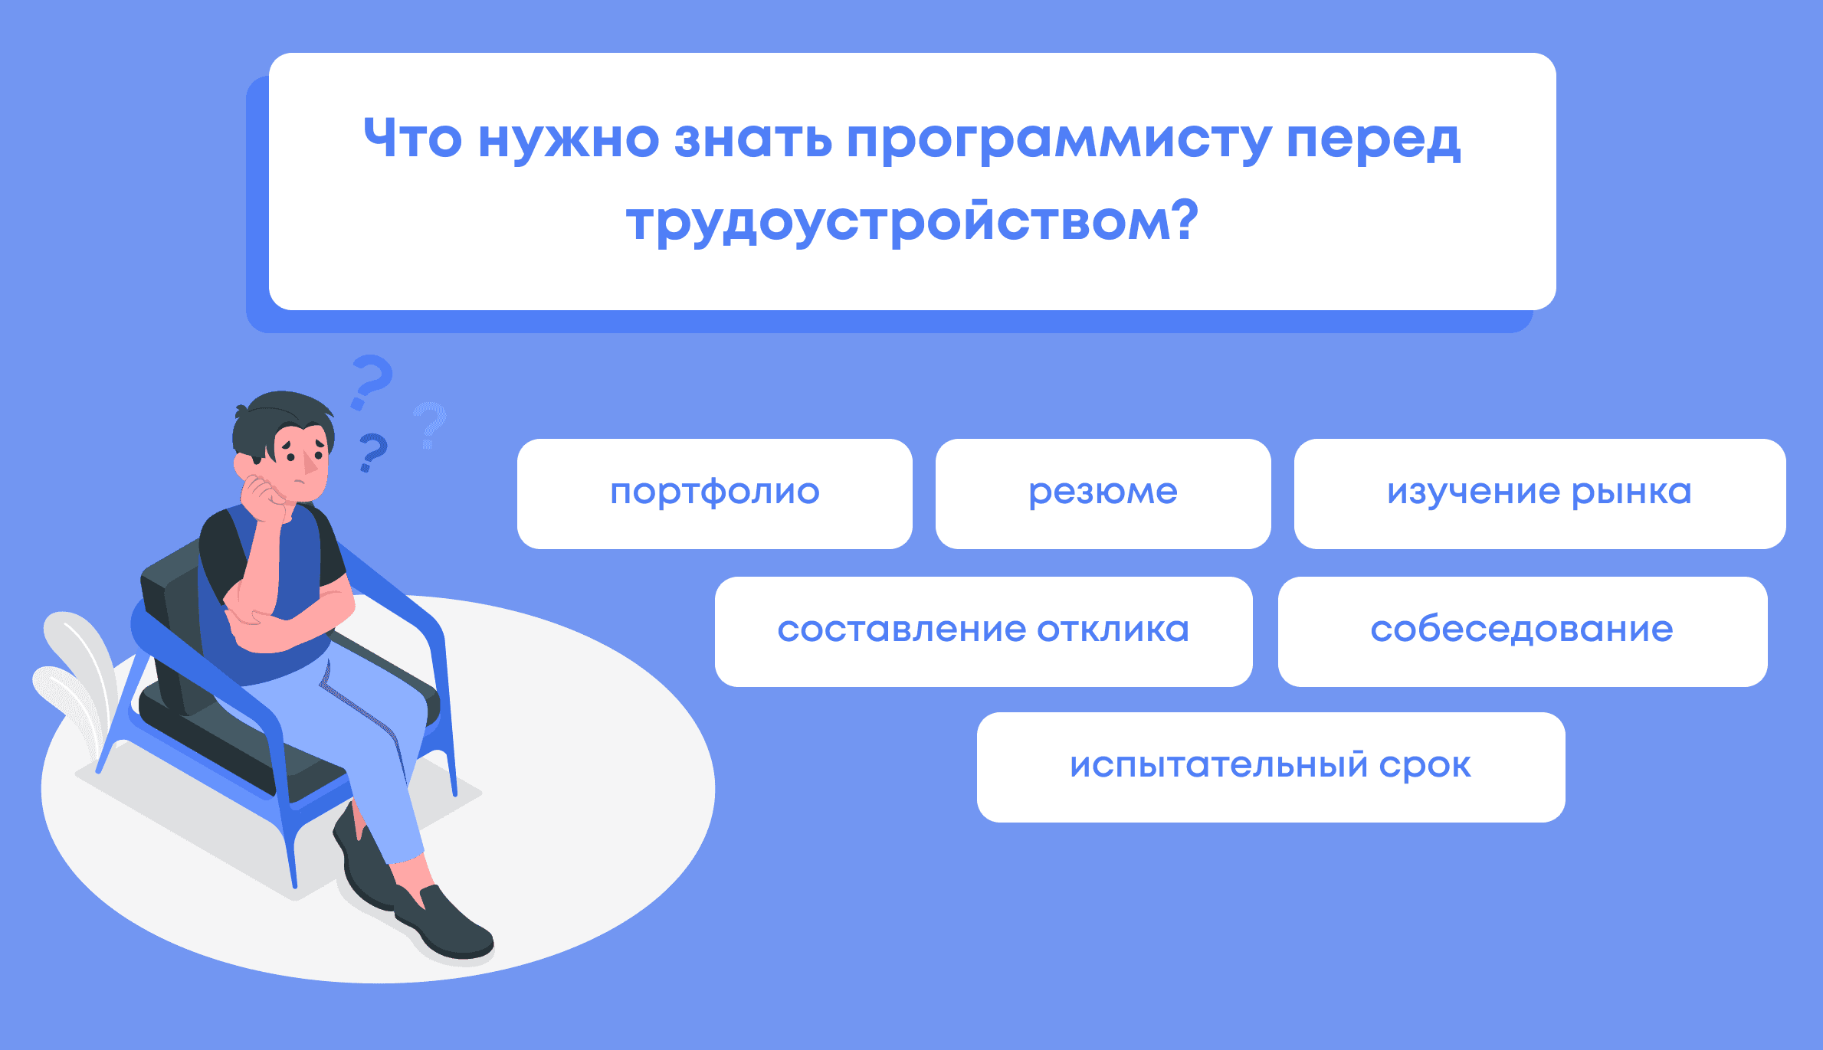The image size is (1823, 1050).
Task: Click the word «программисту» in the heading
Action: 1058,141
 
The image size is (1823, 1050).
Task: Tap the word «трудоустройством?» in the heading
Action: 912,222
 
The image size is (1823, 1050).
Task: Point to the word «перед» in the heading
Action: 1373,141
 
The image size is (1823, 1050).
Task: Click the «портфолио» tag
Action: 715,494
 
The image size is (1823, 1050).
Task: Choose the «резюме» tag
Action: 1103,494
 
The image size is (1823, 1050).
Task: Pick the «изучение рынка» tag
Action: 1539,494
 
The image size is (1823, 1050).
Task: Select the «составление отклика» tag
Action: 984,632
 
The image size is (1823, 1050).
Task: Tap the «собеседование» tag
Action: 1523,632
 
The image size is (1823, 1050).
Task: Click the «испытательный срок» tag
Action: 1271,767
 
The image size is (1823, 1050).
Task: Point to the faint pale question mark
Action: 429,425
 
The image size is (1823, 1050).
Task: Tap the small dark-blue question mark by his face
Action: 373,452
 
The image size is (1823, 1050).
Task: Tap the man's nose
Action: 310,462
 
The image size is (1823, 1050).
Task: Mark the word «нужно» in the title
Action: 568,141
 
